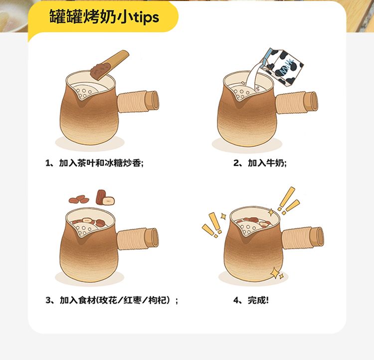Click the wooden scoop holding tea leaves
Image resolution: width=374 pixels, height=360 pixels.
(x=109, y=65)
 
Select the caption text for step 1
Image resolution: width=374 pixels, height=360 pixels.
(x=94, y=163)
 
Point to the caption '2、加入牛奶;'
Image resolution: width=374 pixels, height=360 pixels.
(x=260, y=163)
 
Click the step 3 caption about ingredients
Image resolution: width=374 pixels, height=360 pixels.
(x=112, y=300)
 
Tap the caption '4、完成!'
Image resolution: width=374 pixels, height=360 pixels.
(x=251, y=300)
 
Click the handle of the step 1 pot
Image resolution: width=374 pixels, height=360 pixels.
(x=138, y=101)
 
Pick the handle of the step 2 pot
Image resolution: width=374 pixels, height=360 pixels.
(x=297, y=103)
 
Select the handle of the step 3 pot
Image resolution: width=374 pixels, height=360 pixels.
(x=138, y=239)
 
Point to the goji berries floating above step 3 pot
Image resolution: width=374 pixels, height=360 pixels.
(x=79, y=199)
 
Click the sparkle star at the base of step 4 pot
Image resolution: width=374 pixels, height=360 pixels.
(x=276, y=273)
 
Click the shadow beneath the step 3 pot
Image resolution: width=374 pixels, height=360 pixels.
(x=89, y=278)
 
